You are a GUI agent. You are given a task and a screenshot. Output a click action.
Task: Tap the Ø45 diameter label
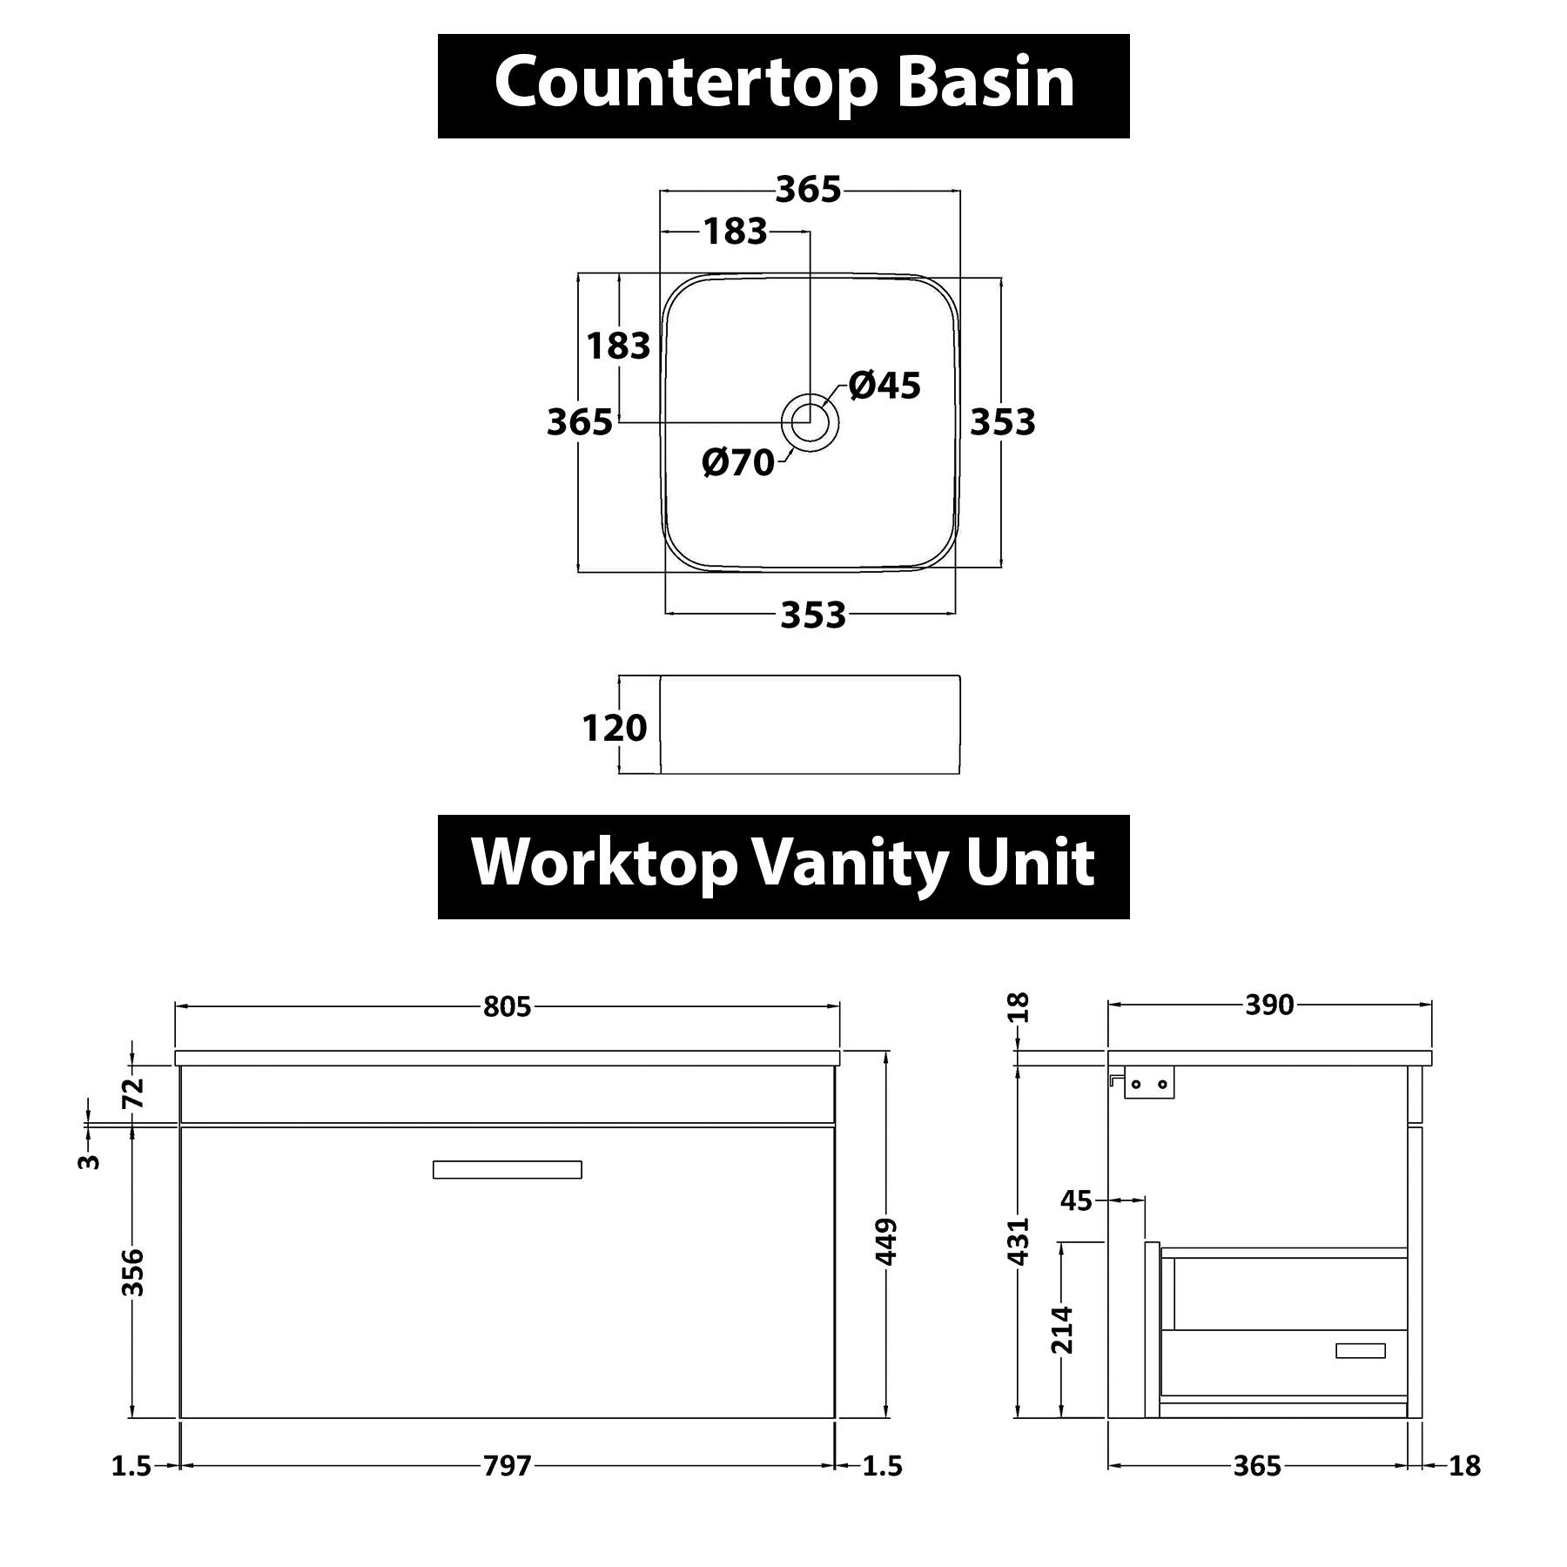click(884, 386)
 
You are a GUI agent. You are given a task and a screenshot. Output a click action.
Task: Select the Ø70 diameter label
click(738, 462)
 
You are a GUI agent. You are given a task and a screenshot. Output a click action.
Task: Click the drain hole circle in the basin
click(810, 422)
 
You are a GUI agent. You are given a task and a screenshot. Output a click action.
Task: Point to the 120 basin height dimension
click(615, 728)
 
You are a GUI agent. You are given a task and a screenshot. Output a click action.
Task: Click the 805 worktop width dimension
click(507, 1007)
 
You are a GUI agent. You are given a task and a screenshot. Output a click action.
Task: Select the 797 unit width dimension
click(507, 1467)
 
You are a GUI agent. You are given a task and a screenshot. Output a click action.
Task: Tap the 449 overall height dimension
click(887, 1242)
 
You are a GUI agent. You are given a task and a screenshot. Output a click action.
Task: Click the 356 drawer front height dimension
click(132, 1272)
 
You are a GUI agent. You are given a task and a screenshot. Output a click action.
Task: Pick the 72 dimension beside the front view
click(132, 1093)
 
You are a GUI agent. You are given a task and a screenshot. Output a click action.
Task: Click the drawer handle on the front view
click(508, 1169)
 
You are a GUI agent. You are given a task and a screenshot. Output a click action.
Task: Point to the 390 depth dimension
click(1269, 1005)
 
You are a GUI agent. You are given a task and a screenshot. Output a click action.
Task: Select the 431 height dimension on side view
click(1019, 1241)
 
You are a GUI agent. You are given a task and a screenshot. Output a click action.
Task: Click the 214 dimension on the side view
click(1062, 1330)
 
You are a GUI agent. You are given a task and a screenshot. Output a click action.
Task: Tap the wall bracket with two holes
click(1149, 1082)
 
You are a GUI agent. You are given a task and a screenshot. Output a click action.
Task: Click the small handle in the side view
click(1360, 1350)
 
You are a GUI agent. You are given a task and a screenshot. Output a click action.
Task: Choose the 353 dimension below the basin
click(813, 615)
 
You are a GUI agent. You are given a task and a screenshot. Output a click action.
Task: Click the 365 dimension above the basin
click(809, 190)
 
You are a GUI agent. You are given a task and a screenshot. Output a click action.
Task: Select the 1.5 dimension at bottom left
click(131, 1467)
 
